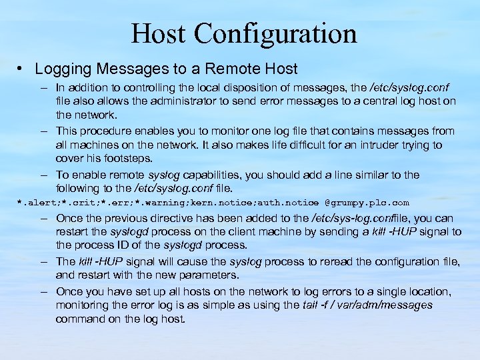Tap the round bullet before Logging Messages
coord(22,69)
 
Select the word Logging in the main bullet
coord(61,69)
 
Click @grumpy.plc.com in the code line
coord(367,202)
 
